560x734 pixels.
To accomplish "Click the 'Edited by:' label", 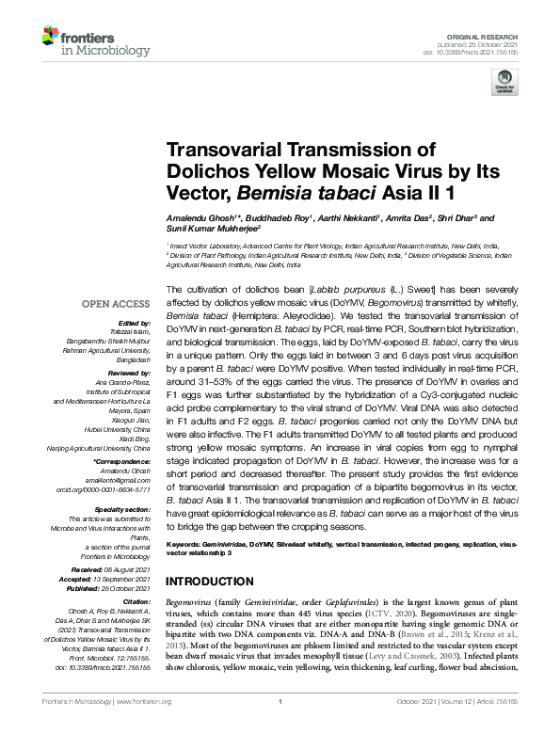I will [137, 323].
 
